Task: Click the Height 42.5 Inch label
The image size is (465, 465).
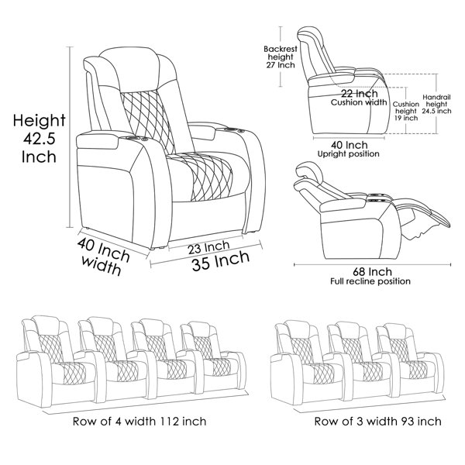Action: click(39, 139)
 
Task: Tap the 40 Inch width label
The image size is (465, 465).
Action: click(102, 257)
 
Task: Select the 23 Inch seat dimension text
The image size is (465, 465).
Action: click(208, 247)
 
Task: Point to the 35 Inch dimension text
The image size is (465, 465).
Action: click(221, 260)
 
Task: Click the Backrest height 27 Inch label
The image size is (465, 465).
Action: click(281, 57)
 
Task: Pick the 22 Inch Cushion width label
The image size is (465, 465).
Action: click(359, 98)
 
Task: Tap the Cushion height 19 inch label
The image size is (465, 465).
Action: click(406, 111)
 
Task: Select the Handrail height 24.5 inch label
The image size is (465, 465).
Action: click(436, 104)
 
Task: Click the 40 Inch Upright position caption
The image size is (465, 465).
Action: click(349, 149)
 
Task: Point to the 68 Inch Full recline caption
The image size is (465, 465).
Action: click(370, 276)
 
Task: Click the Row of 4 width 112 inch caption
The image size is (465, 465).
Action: click(139, 421)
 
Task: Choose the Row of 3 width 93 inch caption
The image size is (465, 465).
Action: click(377, 421)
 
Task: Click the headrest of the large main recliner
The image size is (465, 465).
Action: click(129, 69)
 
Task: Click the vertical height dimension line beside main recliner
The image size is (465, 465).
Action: click(70, 137)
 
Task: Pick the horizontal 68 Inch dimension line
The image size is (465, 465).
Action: click(373, 264)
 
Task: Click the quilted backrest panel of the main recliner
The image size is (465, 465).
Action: click(146, 121)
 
